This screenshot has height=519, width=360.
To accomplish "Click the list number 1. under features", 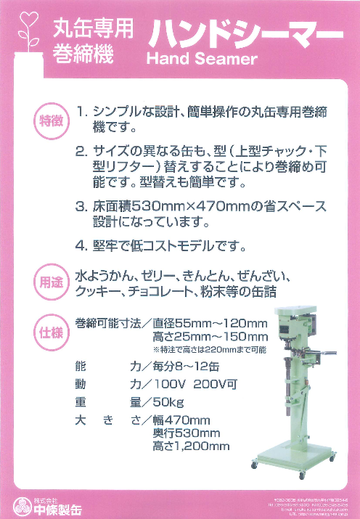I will pos(83,113).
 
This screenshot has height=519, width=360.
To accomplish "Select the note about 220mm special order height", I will pos(209,349).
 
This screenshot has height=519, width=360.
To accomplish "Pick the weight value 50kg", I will pos(164,401).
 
